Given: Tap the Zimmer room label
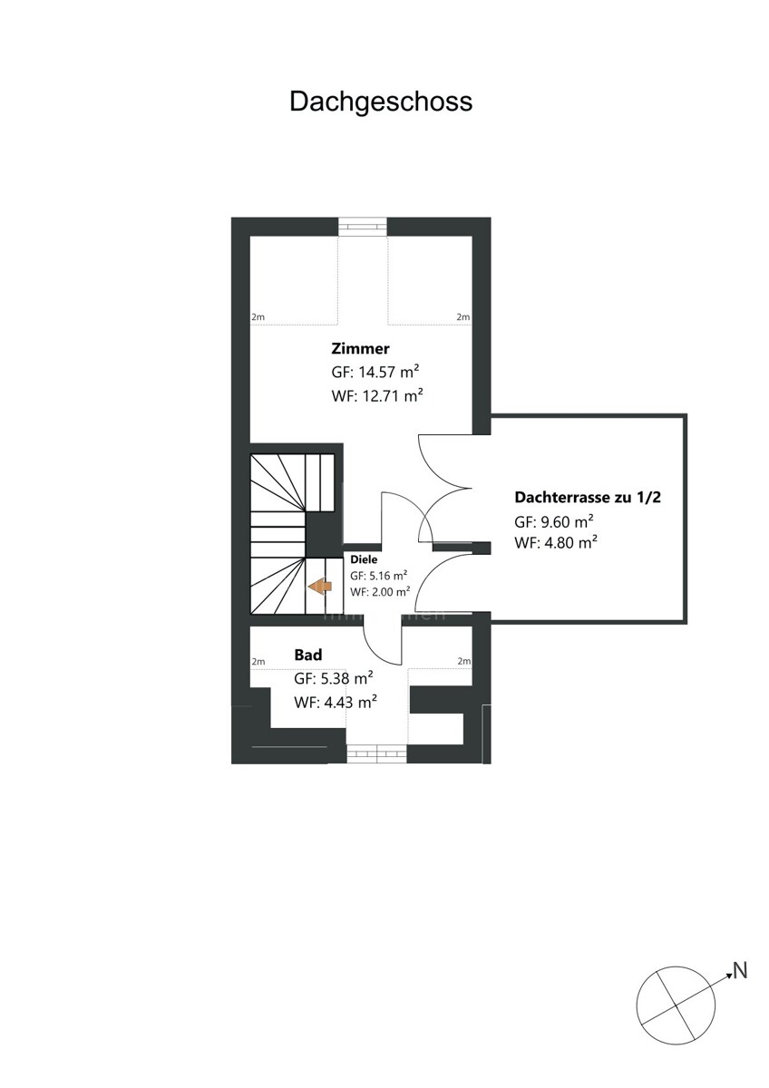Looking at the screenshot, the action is tap(360, 348).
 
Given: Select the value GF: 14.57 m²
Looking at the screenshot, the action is tap(375, 372).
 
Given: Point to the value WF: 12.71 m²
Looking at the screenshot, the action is tap(377, 396).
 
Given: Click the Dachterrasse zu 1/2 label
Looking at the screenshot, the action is tap(588, 498).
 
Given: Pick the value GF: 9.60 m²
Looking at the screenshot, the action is tap(554, 521).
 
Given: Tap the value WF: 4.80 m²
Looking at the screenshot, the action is tap(556, 542).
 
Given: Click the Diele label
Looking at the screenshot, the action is tap(364, 559).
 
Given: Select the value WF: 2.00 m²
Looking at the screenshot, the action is tap(380, 591).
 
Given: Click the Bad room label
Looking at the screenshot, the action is tap(308, 655).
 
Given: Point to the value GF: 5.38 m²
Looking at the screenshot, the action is tap(333, 678).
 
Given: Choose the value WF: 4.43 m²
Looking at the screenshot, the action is tap(336, 703).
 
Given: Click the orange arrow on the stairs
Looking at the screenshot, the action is tap(320, 587).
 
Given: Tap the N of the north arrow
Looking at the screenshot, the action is tap(739, 971).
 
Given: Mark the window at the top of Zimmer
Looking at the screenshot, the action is tap(363, 227).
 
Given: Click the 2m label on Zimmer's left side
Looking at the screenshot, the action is tap(258, 317).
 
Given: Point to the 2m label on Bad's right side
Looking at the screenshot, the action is tap(464, 661).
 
